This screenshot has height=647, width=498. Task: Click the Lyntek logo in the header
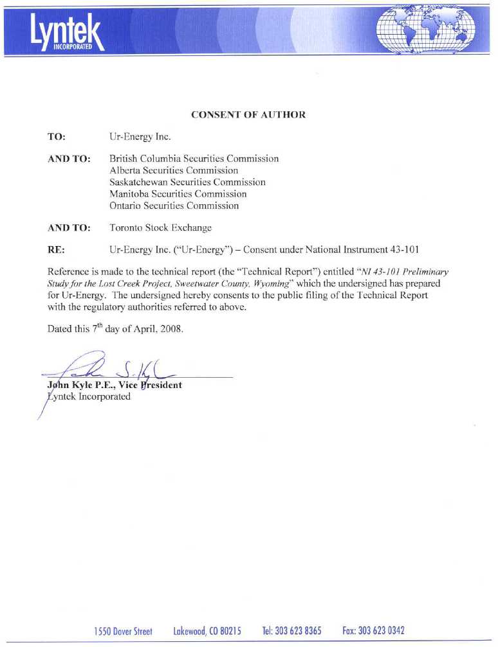click(65, 31)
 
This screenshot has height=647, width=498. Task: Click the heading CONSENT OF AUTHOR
click(248, 115)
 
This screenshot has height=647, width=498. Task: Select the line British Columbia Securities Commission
click(194, 158)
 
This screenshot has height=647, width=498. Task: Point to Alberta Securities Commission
click(174, 170)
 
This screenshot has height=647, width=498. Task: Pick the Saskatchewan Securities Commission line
click(187, 182)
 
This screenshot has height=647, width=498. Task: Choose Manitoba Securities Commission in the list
click(178, 194)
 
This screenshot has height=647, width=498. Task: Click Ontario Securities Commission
click(174, 206)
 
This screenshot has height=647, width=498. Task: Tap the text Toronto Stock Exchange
click(161, 227)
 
